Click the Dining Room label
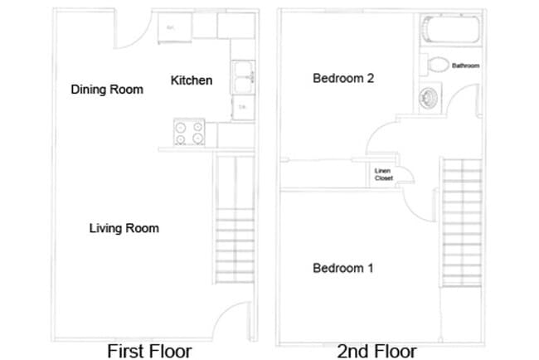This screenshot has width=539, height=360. (x=107, y=90)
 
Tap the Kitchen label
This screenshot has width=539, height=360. (x=192, y=80)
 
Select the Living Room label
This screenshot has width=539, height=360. (x=124, y=228)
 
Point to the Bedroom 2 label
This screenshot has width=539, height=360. (x=343, y=79)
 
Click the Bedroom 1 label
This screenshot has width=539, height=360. (x=343, y=268)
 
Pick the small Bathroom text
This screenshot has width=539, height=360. (x=465, y=66)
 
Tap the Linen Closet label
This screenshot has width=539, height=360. (x=383, y=174)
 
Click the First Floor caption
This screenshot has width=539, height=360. (x=149, y=351)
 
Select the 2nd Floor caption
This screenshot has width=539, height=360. (x=377, y=351)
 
